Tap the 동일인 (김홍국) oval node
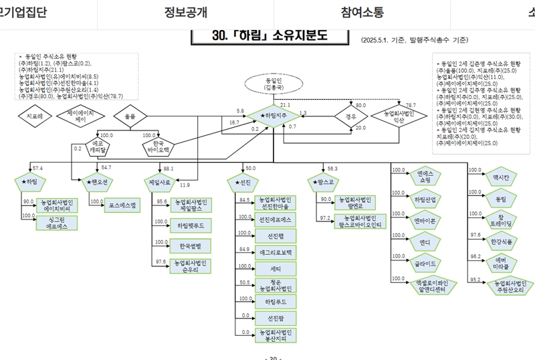(265, 84)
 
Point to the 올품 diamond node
(129, 116)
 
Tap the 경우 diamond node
(351, 115)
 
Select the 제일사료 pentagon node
(159, 181)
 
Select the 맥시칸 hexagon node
(500, 178)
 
